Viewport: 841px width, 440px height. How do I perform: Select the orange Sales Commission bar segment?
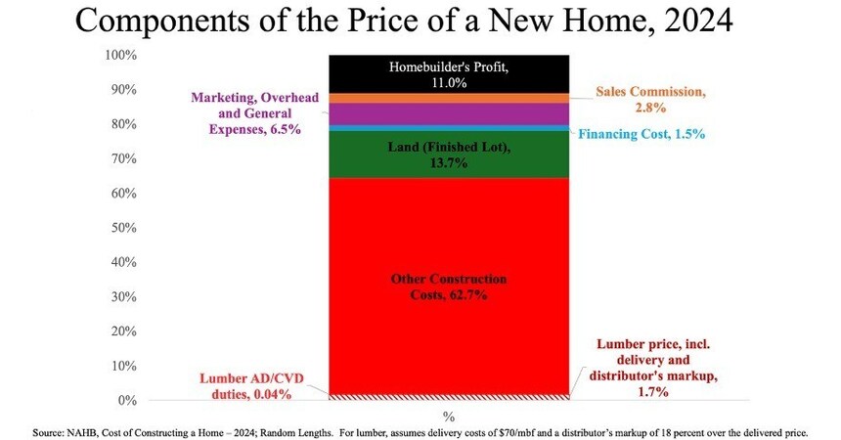pyautogui.click(x=449, y=98)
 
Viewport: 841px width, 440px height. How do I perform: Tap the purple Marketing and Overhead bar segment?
pyautogui.click(x=449, y=114)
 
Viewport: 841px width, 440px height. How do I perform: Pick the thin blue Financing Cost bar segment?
pyautogui.click(x=449, y=128)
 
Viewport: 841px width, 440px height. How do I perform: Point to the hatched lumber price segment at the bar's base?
pyautogui.click(x=449, y=396)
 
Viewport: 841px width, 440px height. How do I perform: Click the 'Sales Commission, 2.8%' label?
pyautogui.click(x=650, y=100)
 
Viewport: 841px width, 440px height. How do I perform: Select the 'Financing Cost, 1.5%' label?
pyautogui.click(x=642, y=134)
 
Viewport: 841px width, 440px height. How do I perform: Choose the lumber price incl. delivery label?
pyautogui.click(x=661, y=366)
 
